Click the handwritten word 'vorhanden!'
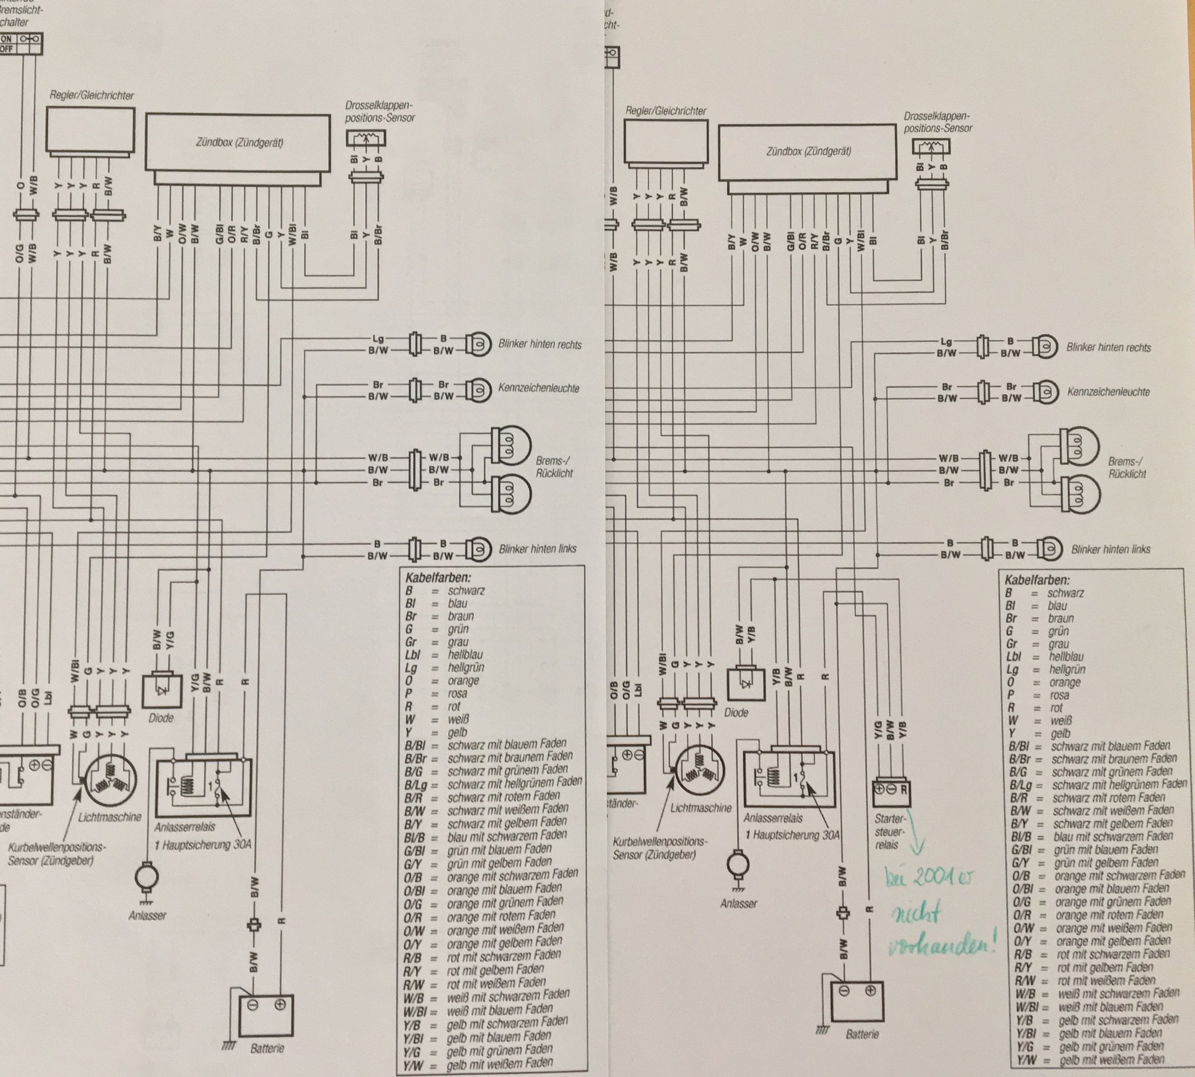tap(943, 947)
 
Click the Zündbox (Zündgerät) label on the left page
tap(239, 142)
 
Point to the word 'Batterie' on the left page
tap(267, 1048)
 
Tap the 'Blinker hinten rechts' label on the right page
tap(1108, 348)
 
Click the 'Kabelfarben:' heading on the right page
tap(1037, 580)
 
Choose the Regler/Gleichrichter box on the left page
tap(91, 130)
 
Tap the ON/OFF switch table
tap(21, 44)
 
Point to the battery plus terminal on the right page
tap(869, 991)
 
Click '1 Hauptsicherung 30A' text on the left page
tap(202, 845)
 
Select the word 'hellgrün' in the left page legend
tap(466, 667)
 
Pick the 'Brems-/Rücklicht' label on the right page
tap(1127, 468)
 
